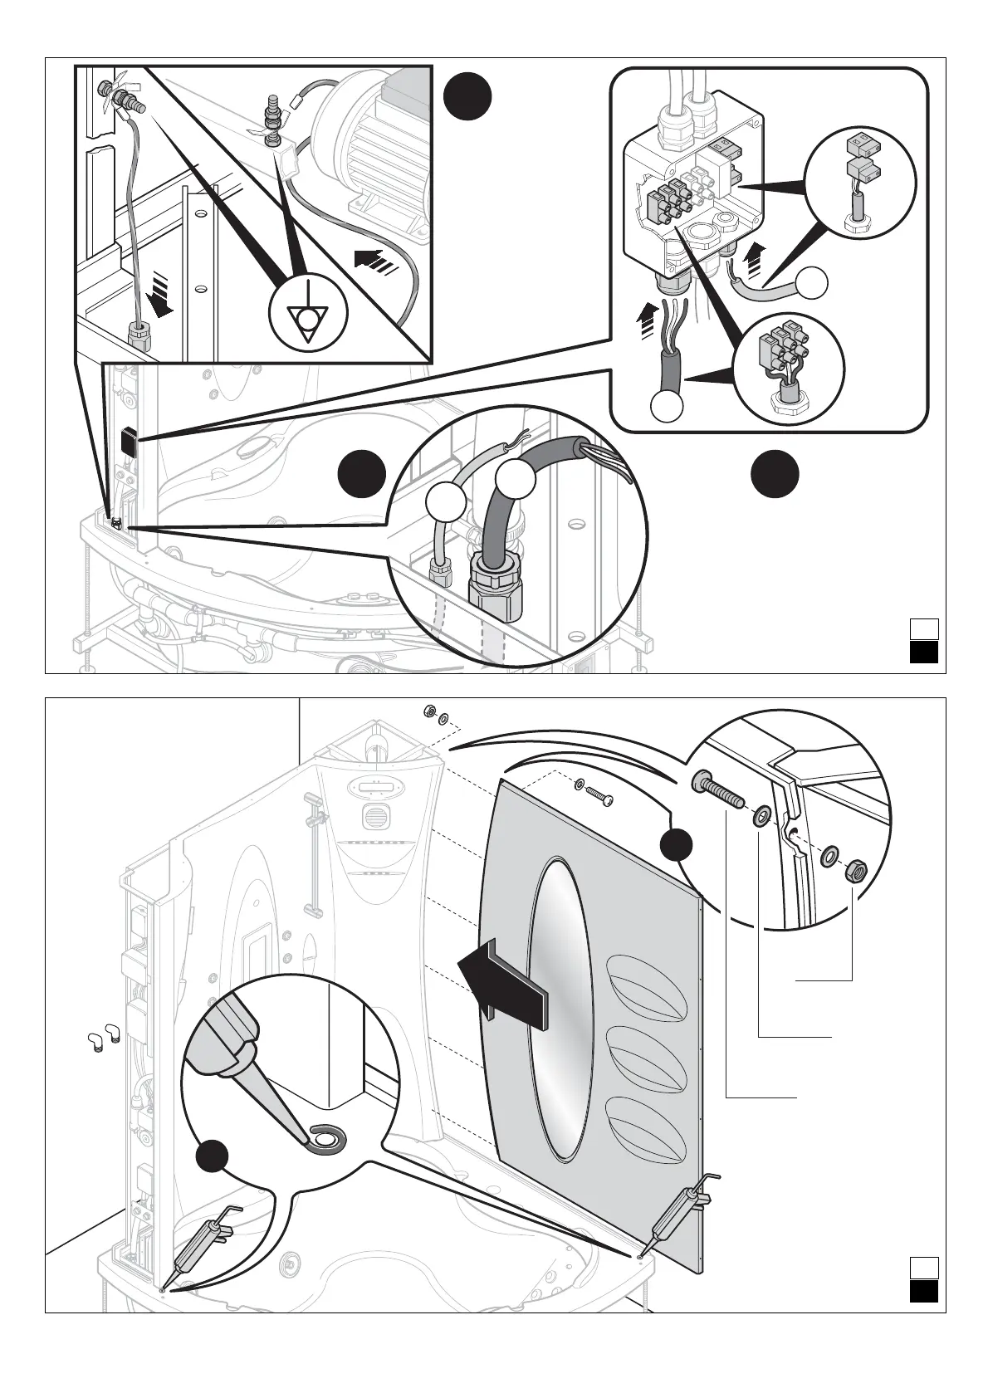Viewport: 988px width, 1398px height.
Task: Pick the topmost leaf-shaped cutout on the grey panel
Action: [x=648, y=988]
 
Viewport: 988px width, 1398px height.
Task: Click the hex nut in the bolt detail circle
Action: [x=855, y=872]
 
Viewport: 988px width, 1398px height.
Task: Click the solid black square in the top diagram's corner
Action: [x=923, y=653]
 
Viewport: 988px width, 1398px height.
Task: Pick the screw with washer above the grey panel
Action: [x=594, y=790]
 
